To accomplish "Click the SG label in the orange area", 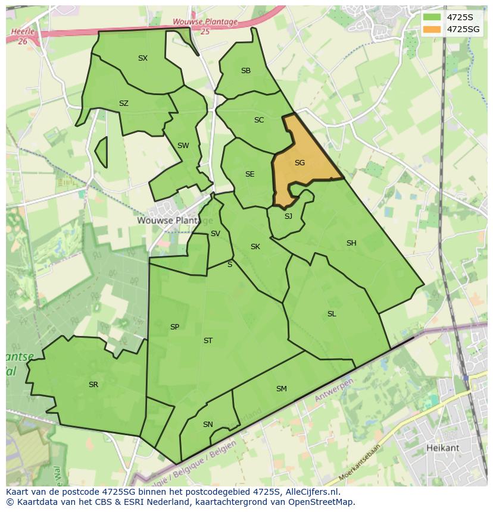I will (x=299, y=162).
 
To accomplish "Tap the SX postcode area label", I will (x=143, y=58).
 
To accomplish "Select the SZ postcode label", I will (x=123, y=103).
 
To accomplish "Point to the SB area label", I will (x=245, y=71).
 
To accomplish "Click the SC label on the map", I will (x=258, y=120).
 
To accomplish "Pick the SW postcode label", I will (x=183, y=146).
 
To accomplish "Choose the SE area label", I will (x=249, y=174).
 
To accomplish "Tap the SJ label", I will (x=288, y=216).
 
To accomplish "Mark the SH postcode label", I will (x=351, y=243).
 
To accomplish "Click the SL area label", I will (x=332, y=314).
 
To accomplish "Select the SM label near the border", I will (x=282, y=389).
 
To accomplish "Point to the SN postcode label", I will (x=208, y=425).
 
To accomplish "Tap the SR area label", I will (x=93, y=385).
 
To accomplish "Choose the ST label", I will (x=208, y=341).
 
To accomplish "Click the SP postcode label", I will (x=174, y=327).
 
